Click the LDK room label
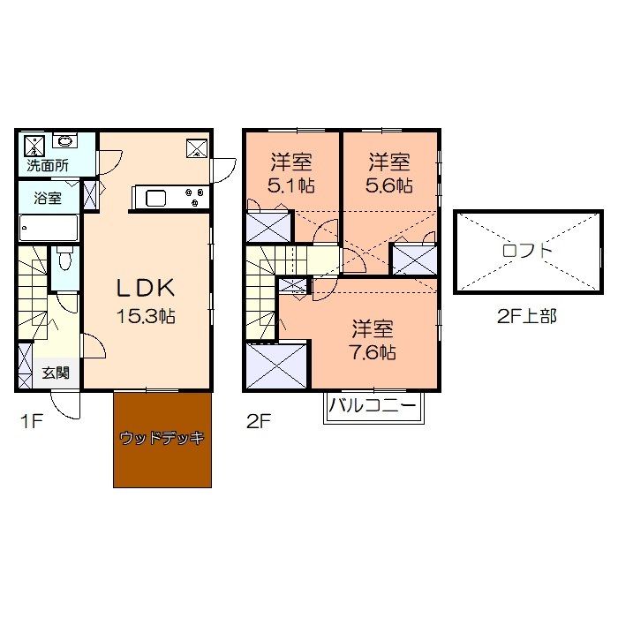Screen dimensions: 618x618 point(146,288)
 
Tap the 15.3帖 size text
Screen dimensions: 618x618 point(146,316)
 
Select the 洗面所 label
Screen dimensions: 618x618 point(48,166)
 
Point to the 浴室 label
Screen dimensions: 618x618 point(48,198)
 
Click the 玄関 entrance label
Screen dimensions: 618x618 point(56,373)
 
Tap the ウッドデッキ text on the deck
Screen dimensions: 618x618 point(162,438)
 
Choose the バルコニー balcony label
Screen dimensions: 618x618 point(373,405)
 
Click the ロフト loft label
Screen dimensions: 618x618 point(528,251)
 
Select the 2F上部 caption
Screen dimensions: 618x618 point(526,316)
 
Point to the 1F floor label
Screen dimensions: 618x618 point(31,421)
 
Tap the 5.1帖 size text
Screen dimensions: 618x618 point(290,185)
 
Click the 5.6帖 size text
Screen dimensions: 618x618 point(389,185)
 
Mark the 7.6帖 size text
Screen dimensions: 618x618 point(373,352)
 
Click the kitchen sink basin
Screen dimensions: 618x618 point(155,199)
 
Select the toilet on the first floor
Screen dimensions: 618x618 point(64,257)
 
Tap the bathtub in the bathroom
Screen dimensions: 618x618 point(48,228)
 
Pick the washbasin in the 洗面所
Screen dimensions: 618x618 point(64,140)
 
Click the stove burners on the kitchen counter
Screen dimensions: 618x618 point(195,197)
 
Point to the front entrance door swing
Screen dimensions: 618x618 point(65,404)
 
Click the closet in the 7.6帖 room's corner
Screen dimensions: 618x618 point(276,366)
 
